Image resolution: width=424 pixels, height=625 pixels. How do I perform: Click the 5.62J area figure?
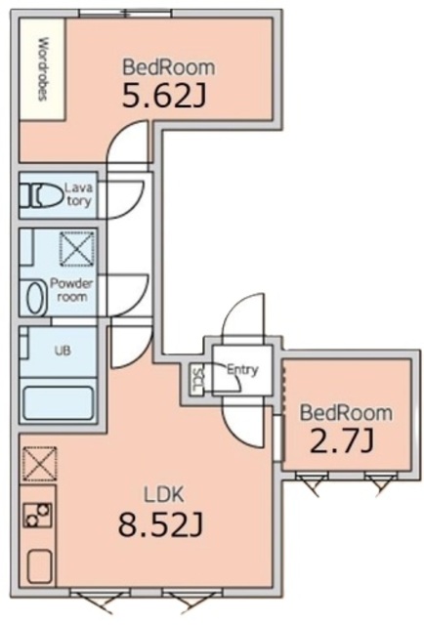click(x=164, y=96)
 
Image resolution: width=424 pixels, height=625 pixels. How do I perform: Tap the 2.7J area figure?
click(x=342, y=440)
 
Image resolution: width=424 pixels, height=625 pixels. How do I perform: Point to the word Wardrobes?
click(x=43, y=68)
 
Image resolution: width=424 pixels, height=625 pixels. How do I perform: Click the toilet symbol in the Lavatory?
click(x=41, y=195)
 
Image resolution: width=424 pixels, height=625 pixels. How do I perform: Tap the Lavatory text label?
click(x=79, y=193)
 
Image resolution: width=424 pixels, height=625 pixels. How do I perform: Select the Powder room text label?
click(x=71, y=290)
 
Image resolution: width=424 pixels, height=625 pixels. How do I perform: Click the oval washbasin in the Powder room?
click(x=35, y=298)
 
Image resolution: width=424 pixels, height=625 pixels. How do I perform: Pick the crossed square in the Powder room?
click(x=77, y=249)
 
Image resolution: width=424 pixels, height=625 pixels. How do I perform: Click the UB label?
click(x=63, y=351)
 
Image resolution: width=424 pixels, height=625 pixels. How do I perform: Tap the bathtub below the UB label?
click(x=59, y=402)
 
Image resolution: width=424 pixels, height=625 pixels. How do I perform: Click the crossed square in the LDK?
click(x=39, y=464)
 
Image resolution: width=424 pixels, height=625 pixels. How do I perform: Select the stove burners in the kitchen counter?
click(x=37, y=515)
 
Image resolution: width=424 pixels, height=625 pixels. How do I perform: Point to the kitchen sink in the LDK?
click(x=39, y=567)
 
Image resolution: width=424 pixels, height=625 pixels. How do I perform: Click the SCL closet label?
click(x=196, y=380)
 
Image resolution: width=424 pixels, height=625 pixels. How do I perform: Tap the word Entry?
click(x=242, y=369)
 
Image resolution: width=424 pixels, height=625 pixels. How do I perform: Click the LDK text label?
click(x=163, y=495)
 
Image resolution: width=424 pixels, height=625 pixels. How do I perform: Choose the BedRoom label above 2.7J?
click(x=346, y=412)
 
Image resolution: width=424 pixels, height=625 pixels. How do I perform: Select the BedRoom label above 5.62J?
click(x=168, y=67)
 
